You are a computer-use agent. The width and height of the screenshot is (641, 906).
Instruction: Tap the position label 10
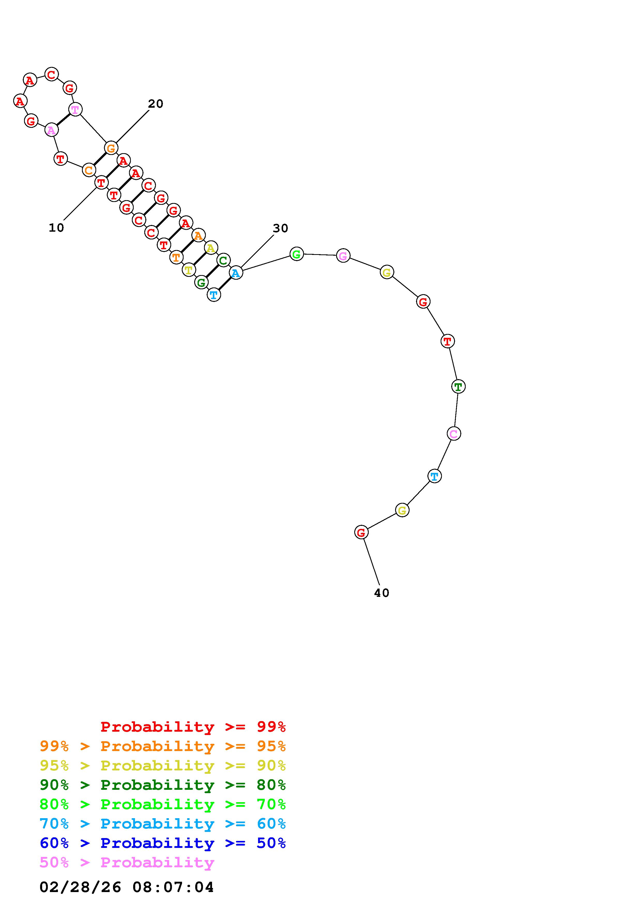click(x=56, y=228)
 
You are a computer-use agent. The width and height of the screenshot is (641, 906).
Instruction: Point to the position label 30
click(x=280, y=228)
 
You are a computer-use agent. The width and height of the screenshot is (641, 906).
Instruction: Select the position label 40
click(x=381, y=593)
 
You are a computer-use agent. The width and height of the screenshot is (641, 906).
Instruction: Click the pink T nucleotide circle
click(x=75, y=109)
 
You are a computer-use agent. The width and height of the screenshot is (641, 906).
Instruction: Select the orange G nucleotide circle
click(x=111, y=148)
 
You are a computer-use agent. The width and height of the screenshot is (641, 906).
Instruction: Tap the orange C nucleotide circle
click(x=89, y=170)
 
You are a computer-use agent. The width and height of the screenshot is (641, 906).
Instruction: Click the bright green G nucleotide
click(x=297, y=254)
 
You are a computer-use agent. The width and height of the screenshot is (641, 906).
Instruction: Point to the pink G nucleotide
click(x=343, y=256)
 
